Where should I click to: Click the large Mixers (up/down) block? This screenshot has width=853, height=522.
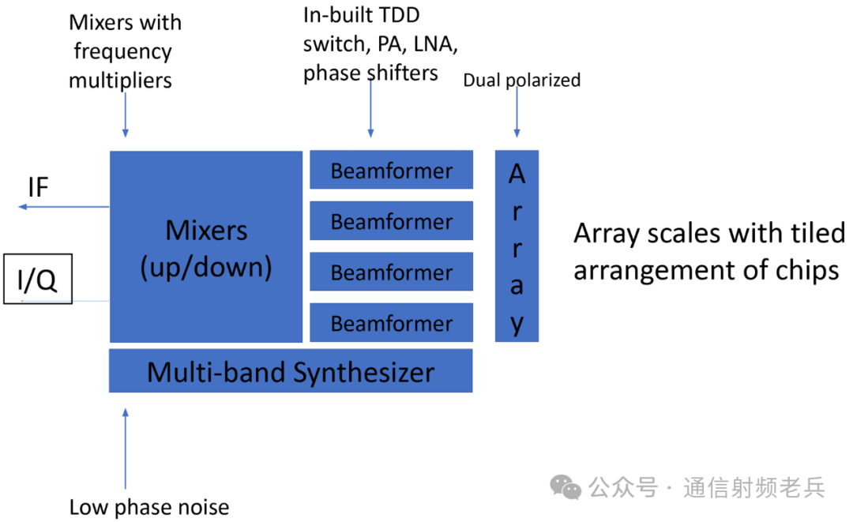205,246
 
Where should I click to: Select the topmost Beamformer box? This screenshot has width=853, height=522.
391,170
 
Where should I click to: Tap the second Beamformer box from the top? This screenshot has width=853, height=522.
391,221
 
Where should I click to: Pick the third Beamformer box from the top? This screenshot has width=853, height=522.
391,272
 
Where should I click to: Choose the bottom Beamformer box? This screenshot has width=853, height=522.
391,322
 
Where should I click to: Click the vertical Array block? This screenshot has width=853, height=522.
517,246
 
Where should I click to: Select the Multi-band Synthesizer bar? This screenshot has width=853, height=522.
290,371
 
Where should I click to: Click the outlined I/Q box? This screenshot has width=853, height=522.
38,279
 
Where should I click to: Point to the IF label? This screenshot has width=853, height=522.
38,188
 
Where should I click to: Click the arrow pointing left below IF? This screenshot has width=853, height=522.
63,207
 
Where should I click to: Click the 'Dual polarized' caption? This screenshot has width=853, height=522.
521,80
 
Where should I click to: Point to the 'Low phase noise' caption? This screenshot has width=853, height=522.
149,507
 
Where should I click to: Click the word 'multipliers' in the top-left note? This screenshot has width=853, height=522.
120,80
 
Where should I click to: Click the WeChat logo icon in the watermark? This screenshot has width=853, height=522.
566,486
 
